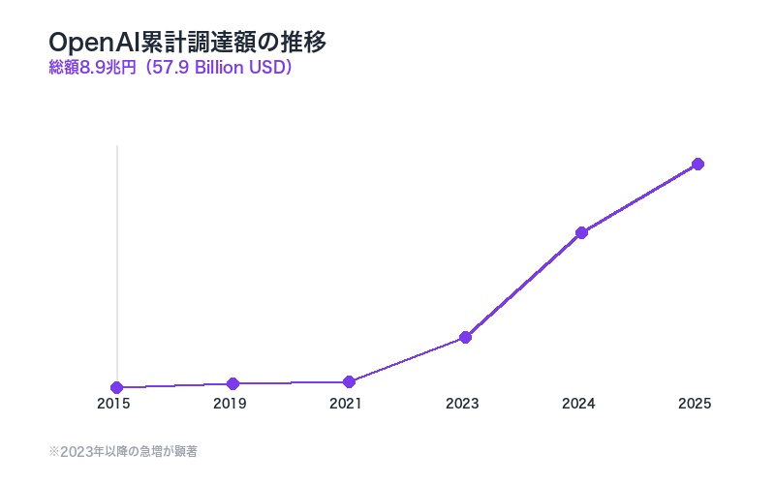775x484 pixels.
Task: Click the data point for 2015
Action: click(x=116, y=387)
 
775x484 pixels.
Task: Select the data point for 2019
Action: click(x=232, y=383)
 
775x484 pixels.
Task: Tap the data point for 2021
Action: click(x=349, y=381)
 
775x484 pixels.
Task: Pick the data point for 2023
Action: click(x=465, y=337)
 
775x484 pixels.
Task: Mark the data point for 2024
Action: click(x=581, y=232)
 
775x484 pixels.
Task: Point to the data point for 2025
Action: click(x=697, y=164)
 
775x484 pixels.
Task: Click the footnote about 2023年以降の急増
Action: click(x=123, y=451)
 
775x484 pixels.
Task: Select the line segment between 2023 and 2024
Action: click(x=523, y=285)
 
